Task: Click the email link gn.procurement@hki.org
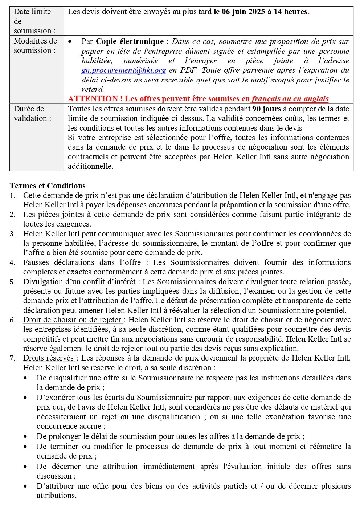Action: tap(124, 70)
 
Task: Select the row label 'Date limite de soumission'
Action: tap(34, 21)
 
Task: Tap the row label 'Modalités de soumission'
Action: tap(35, 46)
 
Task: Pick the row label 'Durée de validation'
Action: tap(32, 113)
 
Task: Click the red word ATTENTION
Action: tap(93, 99)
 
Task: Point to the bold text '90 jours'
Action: tap(266, 109)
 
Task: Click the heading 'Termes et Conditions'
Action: tap(48, 186)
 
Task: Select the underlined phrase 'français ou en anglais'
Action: tap(290, 99)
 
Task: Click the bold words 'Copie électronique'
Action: tap(130, 41)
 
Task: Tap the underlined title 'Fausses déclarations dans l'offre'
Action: tap(82, 262)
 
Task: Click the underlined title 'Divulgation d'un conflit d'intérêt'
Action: tap(80, 282)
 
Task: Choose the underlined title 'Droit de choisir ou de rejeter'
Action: tap(73, 320)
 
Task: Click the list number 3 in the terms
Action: tap(12, 234)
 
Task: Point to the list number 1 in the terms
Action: tap(12, 196)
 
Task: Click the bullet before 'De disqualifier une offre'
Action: tap(25, 378)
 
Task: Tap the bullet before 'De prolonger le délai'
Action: tap(25, 436)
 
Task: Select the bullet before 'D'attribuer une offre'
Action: tap(25, 486)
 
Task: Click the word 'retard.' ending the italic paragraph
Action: tap(93, 89)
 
